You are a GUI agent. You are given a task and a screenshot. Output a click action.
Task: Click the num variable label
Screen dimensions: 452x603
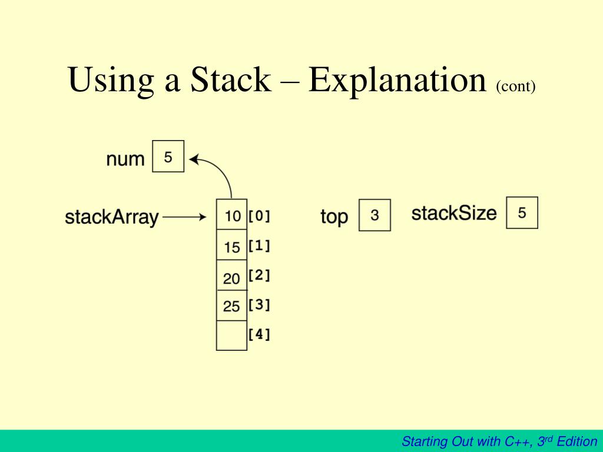[x=125, y=159]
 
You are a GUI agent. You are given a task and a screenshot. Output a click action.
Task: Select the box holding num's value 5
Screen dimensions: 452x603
[x=168, y=157]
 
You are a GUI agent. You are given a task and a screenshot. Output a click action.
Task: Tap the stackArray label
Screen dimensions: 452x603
[x=112, y=217]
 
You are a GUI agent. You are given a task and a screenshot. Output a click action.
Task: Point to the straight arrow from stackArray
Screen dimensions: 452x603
[x=184, y=217]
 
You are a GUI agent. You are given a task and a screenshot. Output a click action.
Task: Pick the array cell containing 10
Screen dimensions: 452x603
[x=231, y=215]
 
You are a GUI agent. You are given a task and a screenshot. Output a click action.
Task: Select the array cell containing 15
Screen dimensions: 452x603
[x=231, y=246]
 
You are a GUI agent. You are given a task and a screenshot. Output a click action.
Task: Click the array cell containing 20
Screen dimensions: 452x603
[x=231, y=277]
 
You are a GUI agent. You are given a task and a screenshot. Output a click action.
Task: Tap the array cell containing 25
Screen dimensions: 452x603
[x=231, y=306]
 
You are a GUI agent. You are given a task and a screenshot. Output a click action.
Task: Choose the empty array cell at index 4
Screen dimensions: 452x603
[x=231, y=335]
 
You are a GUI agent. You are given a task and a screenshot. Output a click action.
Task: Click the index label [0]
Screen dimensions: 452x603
[x=259, y=216]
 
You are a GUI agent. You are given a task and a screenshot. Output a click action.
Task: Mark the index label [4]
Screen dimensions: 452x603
[x=259, y=335]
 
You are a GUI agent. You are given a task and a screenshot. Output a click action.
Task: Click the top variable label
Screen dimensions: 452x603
[x=334, y=217]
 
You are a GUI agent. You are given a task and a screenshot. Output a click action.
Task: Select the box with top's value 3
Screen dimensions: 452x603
[x=375, y=215]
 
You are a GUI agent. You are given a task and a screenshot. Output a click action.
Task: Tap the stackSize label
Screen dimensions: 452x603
[x=454, y=213]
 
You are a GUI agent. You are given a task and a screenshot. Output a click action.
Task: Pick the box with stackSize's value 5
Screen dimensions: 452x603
[x=522, y=212]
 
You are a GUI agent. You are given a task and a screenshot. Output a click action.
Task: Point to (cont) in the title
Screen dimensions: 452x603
[x=515, y=87]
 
